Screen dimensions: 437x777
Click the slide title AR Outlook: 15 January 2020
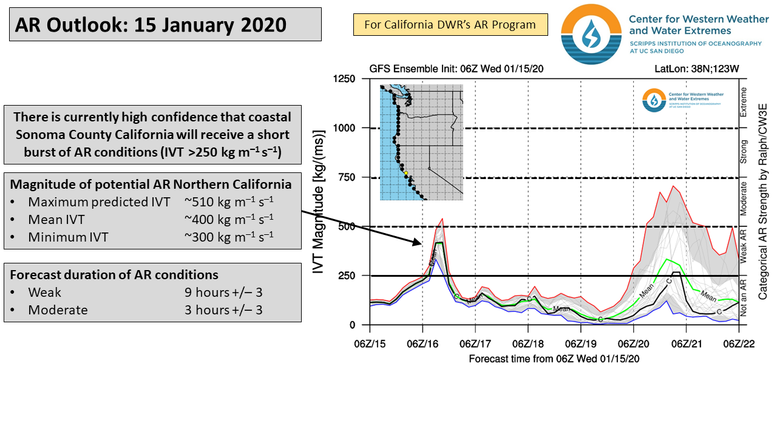click(151, 25)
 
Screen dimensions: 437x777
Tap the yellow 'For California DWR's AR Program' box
click(450, 25)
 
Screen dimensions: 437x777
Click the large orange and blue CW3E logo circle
click(591, 34)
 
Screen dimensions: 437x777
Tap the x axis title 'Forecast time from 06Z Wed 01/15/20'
click(554, 358)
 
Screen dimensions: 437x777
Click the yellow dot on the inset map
click(405, 173)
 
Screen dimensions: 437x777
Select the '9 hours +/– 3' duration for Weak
click(224, 293)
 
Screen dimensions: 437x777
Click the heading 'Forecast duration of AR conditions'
click(114, 274)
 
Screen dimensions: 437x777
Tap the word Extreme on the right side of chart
click(744, 103)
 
